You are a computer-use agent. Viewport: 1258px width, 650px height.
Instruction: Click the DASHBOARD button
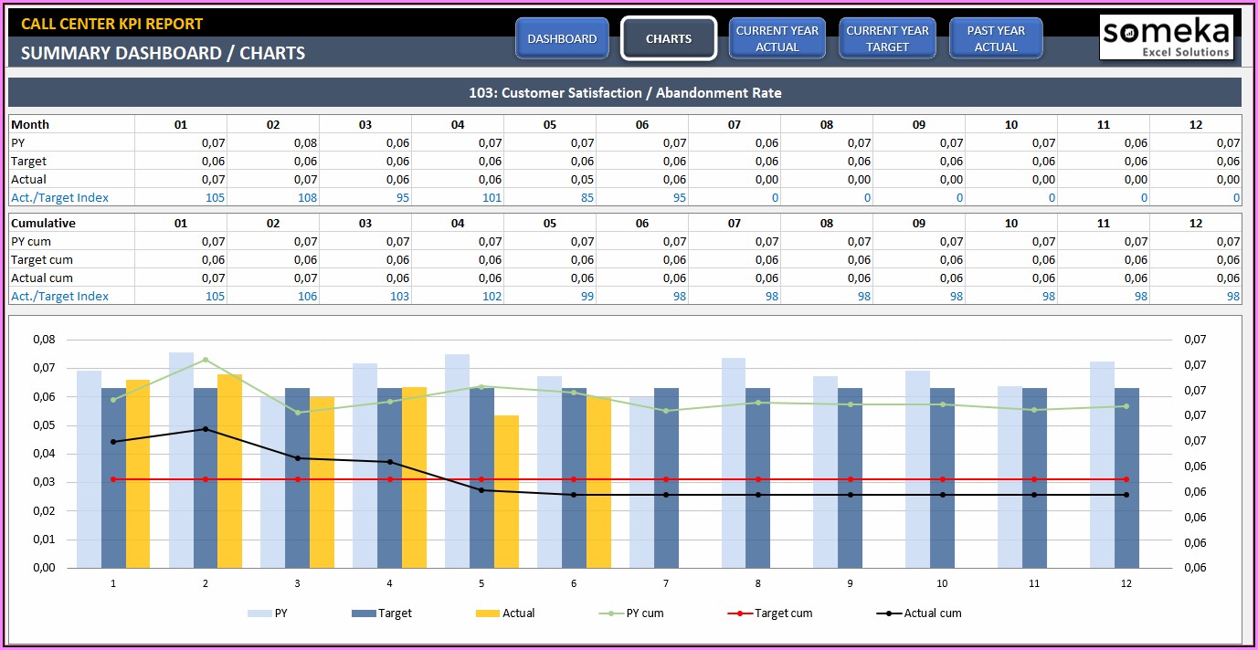click(x=562, y=38)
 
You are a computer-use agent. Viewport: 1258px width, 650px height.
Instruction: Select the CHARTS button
click(x=668, y=38)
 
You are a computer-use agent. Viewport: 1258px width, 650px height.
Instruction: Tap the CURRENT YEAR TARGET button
click(x=887, y=38)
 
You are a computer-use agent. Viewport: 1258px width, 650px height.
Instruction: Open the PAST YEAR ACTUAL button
click(x=996, y=38)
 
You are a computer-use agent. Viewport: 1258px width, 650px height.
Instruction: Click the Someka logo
click(x=1166, y=37)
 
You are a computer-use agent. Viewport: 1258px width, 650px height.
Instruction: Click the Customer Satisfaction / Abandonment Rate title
click(x=625, y=92)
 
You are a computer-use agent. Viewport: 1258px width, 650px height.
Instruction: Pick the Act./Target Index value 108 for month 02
click(x=306, y=197)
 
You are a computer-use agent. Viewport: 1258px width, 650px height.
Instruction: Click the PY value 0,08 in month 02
click(x=306, y=142)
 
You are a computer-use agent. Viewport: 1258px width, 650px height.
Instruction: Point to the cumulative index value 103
click(x=398, y=296)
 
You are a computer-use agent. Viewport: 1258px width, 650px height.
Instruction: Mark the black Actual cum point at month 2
click(x=206, y=429)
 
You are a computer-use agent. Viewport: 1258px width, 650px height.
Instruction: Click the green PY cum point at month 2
click(x=206, y=360)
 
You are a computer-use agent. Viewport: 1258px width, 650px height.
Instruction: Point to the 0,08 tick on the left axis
click(x=44, y=340)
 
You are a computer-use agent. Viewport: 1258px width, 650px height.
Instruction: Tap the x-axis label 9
click(x=850, y=583)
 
